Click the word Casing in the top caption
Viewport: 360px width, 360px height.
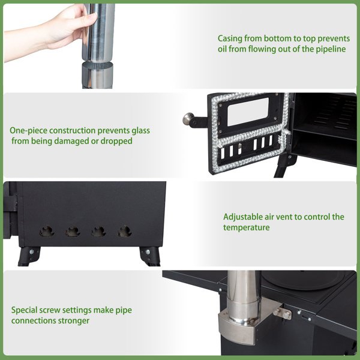click(x=230, y=39)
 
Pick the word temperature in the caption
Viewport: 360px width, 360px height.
click(x=247, y=227)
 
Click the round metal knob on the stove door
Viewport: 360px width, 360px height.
click(x=188, y=118)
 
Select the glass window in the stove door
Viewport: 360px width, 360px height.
click(x=248, y=112)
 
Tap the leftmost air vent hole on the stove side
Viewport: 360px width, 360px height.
click(x=47, y=231)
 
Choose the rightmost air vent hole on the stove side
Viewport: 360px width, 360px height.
click(x=125, y=231)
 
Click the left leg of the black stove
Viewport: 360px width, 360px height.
click(x=29, y=256)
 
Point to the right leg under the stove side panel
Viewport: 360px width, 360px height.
click(x=150, y=256)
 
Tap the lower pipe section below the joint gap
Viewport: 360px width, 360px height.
click(x=97, y=75)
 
